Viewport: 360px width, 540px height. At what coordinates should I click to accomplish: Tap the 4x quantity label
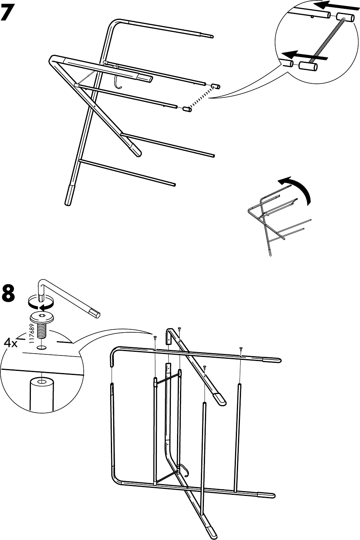click(11, 343)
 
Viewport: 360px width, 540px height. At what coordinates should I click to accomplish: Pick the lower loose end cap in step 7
click(186, 109)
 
